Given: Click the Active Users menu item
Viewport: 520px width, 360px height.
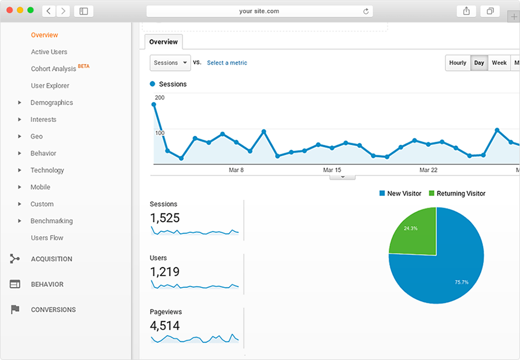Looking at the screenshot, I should pos(49,52).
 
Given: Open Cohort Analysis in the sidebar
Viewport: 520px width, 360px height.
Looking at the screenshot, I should pos(53,69).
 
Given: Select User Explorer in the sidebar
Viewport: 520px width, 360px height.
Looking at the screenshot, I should pos(50,86).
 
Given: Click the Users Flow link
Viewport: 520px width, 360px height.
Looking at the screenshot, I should pos(47,237).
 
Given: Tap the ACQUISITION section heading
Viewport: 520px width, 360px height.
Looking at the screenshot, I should pos(51,259).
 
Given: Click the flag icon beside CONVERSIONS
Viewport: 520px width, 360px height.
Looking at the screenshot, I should pos(15,310).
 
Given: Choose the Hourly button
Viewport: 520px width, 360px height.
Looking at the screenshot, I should pos(458,63).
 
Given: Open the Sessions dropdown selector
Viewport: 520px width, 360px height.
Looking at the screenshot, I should pos(170,63).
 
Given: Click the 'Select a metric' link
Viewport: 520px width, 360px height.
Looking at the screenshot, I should pos(227,63).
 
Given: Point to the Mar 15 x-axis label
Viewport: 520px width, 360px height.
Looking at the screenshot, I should pos(332,170).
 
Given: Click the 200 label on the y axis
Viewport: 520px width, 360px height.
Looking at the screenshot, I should pos(159,98).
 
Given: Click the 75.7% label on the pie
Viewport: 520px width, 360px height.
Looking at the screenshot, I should pos(461,282).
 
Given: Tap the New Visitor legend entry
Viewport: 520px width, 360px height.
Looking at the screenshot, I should pos(400,194).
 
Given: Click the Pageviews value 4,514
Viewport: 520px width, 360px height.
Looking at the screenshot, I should pos(165,325).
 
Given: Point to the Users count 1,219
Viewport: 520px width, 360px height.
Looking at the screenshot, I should pos(165,272).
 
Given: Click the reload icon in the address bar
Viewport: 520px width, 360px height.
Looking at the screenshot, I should pos(366,11).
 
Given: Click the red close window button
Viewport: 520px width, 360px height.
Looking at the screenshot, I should pos(10,10).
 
